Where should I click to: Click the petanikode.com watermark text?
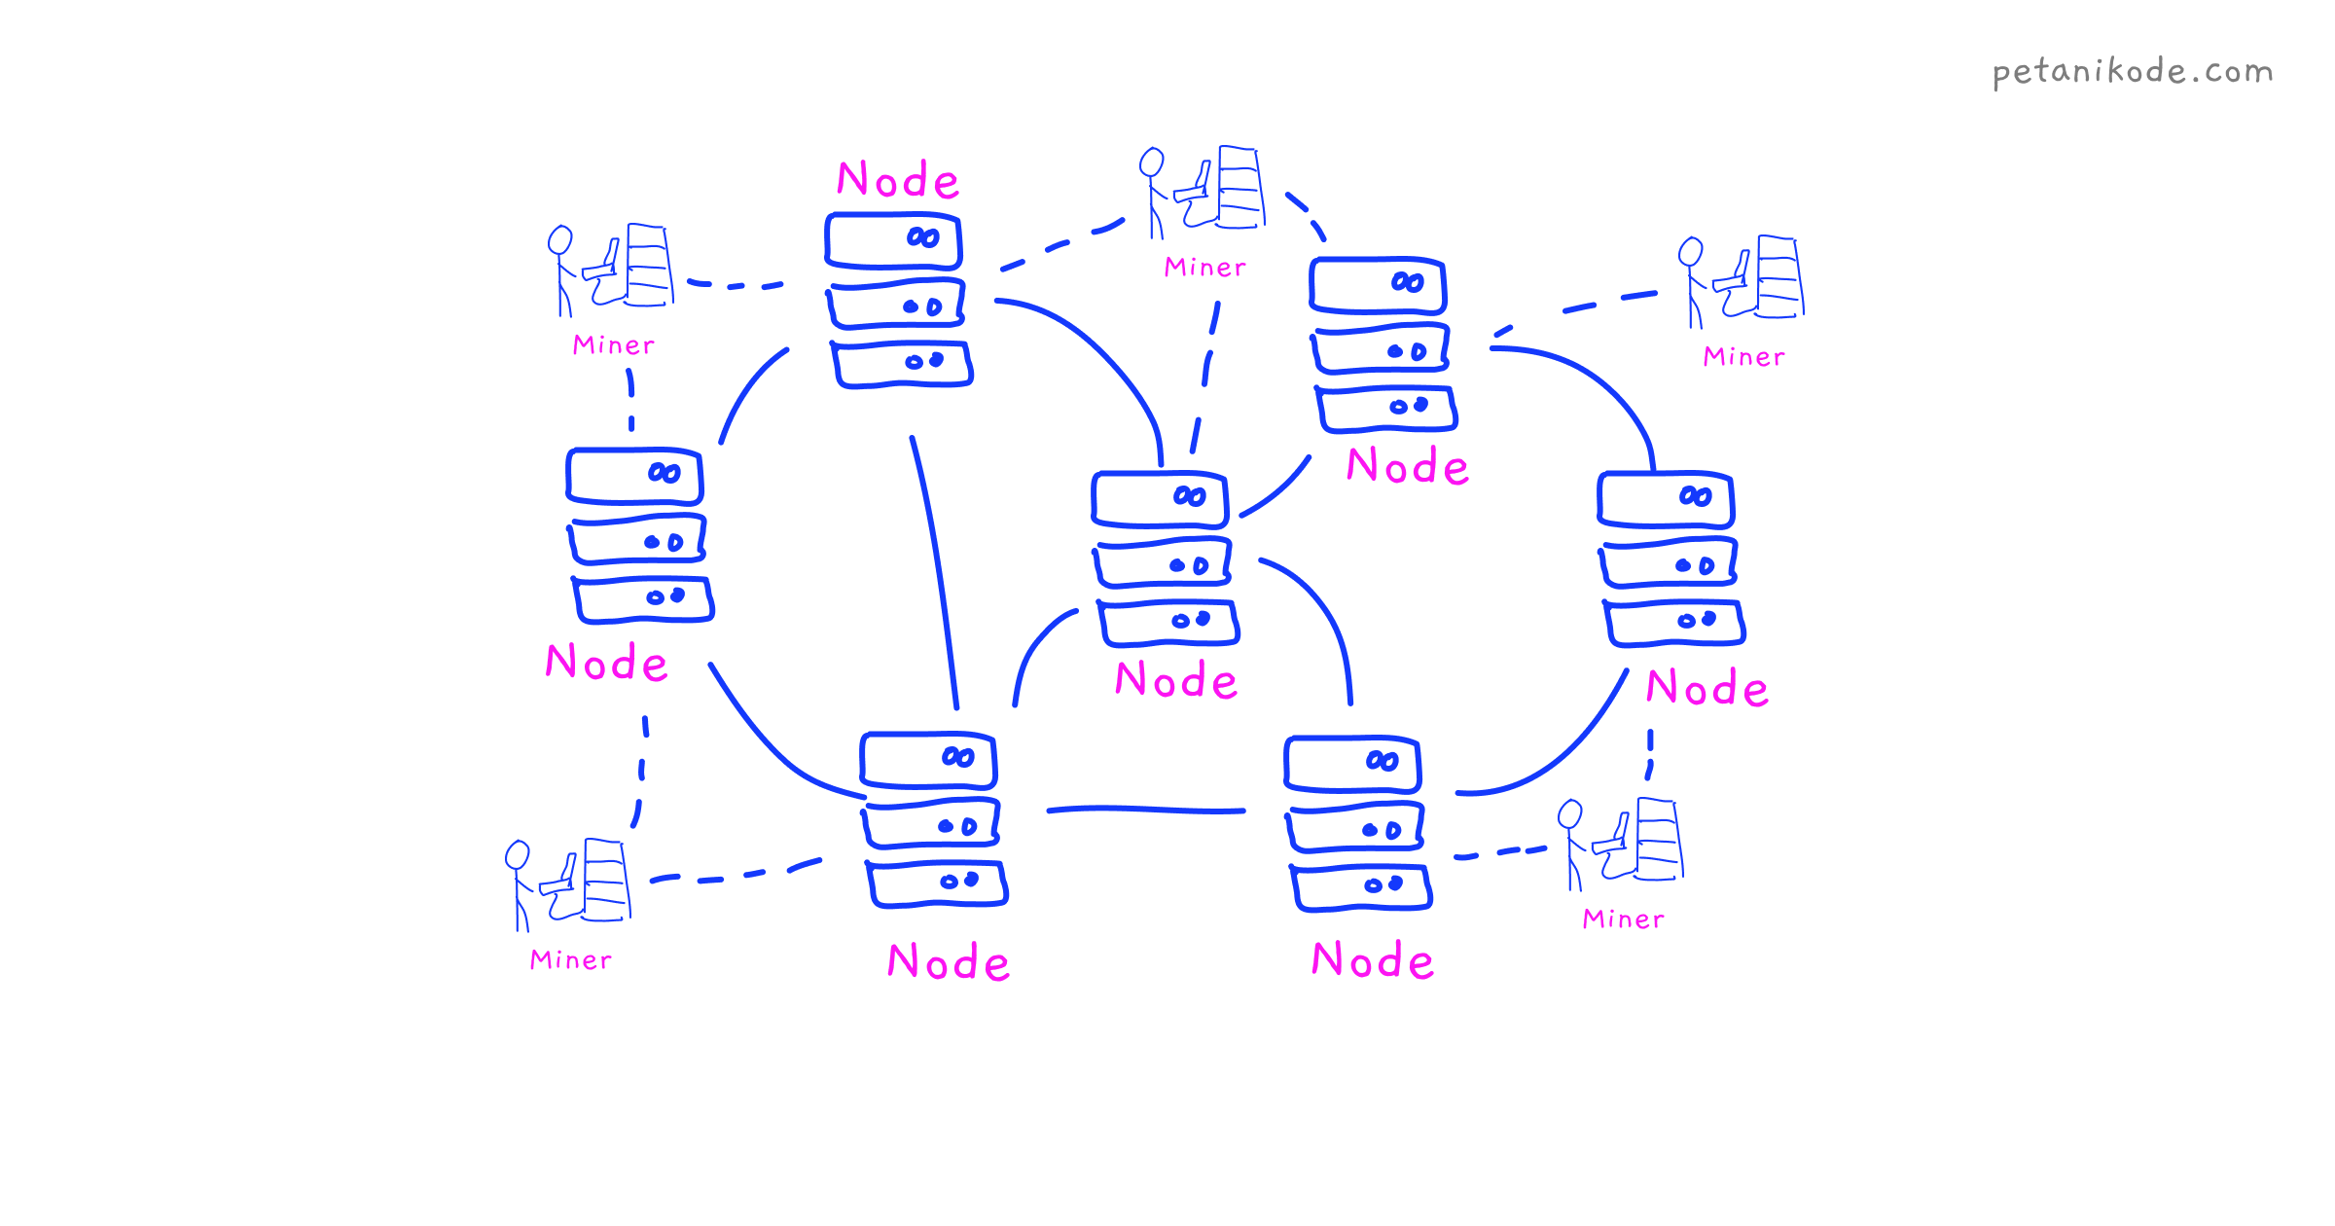pos(2132,72)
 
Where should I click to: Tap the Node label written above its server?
pos(898,180)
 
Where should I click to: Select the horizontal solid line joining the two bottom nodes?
pos(1146,809)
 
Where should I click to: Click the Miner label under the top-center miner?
pos(1204,268)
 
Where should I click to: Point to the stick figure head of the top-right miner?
pos(1691,251)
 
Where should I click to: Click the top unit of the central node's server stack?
pos(1160,499)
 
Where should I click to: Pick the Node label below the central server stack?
pos(1175,680)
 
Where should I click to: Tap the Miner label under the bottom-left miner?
pos(570,960)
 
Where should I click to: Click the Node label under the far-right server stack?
pos(1706,688)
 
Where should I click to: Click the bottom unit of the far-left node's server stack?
pos(643,599)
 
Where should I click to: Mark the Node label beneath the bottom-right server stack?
pos(1372,960)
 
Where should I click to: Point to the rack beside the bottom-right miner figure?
pos(1659,839)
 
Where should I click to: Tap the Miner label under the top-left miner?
pos(613,345)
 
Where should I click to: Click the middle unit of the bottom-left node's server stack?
pos(931,825)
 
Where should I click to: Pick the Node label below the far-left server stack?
pos(606,663)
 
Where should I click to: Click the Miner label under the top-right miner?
pos(1743,357)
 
